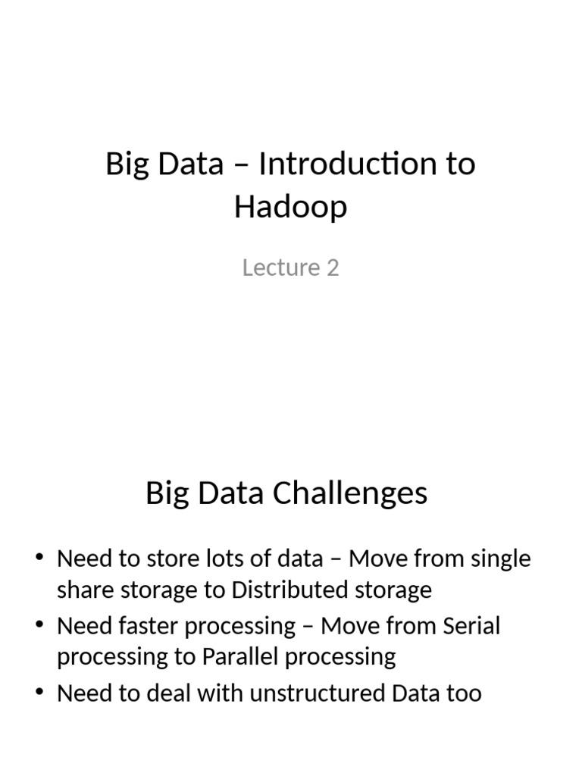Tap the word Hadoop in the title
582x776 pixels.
point(290,206)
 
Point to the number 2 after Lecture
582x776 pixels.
point(333,268)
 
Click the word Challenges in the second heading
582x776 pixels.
point(353,493)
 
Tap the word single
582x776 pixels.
point(497,559)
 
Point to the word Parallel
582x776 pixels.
point(240,656)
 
